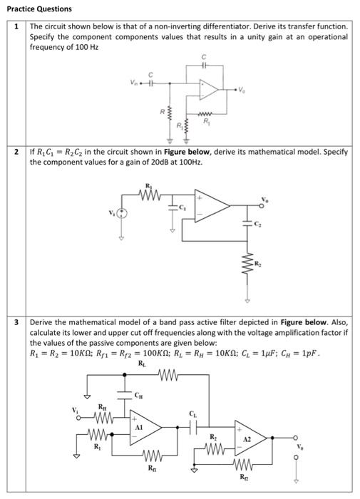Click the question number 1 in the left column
(x=16, y=26)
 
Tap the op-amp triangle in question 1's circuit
(x=209, y=89)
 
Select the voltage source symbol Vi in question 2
(x=122, y=212)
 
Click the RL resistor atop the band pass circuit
(x=166, y=375)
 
